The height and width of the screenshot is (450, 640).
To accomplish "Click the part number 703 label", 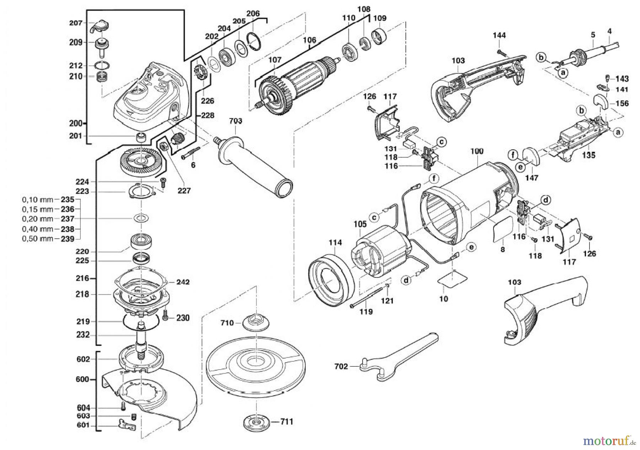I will [235, 121].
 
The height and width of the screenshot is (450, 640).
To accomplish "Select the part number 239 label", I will [68, 239].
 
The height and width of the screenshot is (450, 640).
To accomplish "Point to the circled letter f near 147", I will [512, 155].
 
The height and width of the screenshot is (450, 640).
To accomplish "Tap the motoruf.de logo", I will [609, 441].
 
